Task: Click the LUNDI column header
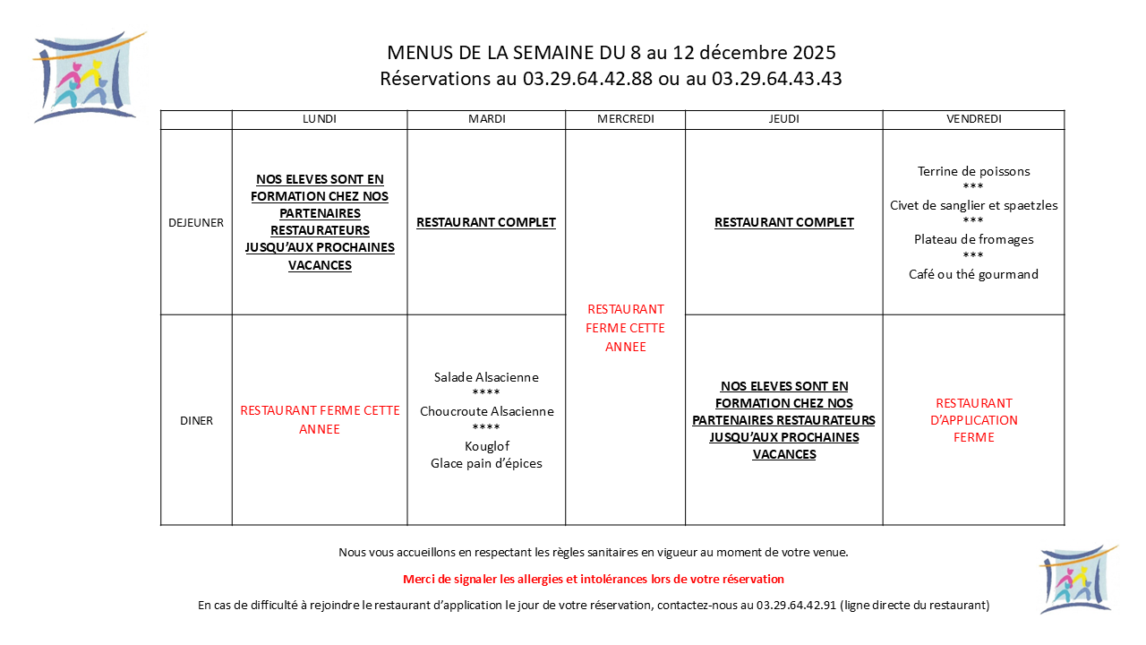pos(320,119)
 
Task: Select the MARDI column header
pos(486,119)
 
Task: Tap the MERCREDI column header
pos(625,119)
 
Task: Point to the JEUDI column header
pos(783,119)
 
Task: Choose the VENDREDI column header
pos(973,119)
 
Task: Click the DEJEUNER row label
pos(196,223)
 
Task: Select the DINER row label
pos(196,420)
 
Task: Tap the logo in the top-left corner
pos(87,77)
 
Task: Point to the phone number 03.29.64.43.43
pos(776,79)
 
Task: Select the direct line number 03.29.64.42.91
pos(796,605)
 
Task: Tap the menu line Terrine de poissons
pos(973,171)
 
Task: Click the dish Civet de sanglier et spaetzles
pos(973,205)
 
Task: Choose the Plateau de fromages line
pos(973,239)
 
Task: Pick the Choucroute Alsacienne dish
pos(486,411)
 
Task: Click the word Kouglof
pos(486,446)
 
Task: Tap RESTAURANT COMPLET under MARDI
pos(486,222)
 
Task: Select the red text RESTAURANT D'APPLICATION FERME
pos(973,420)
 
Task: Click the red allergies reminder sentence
pos(593,579)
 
